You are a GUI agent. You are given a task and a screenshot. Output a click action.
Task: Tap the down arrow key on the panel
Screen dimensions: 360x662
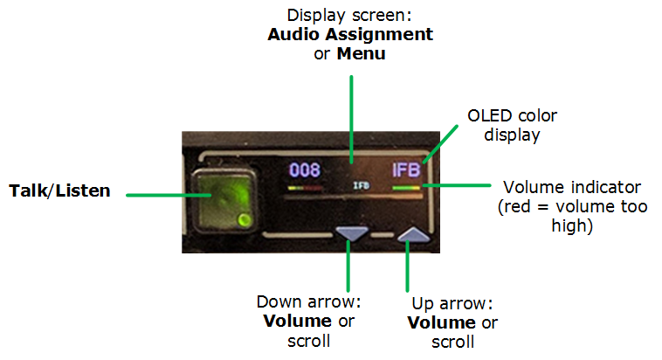coord(352,233)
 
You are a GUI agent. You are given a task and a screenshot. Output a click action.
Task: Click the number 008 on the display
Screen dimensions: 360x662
coord(306,170)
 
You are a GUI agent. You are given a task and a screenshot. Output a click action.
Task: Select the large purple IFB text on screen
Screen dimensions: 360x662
coord(407,170)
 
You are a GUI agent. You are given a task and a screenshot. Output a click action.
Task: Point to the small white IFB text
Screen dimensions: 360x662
coord(361,186)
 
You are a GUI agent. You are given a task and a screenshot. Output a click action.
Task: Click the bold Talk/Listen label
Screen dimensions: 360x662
coord(59,190)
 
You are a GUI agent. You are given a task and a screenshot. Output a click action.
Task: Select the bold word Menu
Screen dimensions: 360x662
coord(362,53)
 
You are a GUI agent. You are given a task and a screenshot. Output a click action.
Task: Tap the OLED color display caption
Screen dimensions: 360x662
coord(512,125)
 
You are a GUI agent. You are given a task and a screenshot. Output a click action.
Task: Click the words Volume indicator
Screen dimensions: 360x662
coord(573,187)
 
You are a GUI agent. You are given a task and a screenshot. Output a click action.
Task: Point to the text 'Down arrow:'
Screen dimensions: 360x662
coord(308,302)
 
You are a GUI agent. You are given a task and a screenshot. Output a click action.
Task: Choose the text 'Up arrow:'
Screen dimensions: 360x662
coord(452,304)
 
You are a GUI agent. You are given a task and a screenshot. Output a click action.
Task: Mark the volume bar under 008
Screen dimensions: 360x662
coord(306,187)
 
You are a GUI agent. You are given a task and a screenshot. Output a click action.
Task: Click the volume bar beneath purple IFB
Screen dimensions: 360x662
coord(407,186)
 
